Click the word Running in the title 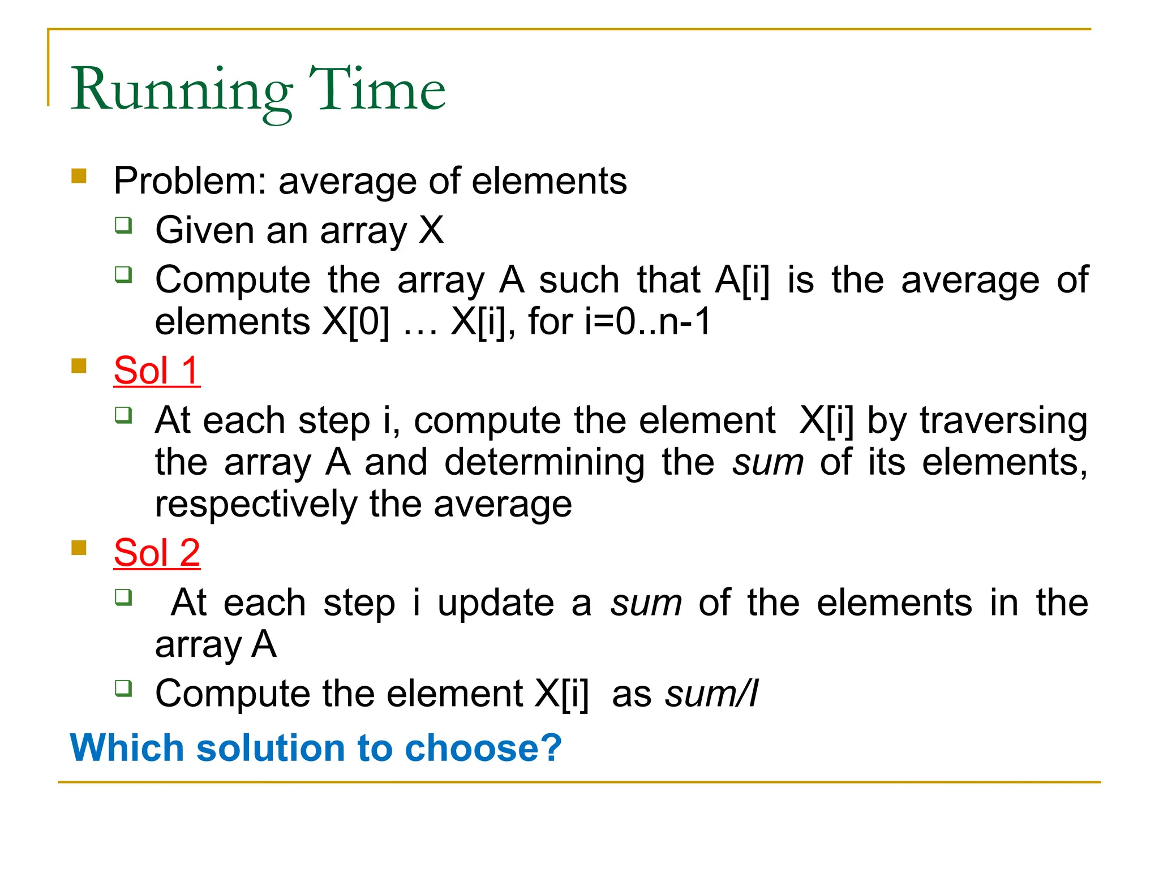(181, 91)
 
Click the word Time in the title (376, 89)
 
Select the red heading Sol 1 (157, 371)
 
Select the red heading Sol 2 (157, 552)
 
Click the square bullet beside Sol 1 (79, 366)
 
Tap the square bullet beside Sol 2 (79, 548)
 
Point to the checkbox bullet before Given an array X (123, 225)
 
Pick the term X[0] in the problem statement (355, 321)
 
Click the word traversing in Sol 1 (1003, 420)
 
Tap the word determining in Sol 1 (544, 462)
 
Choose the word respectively (256, 504)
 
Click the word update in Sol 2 (496, 603)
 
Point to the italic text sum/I (711, 694)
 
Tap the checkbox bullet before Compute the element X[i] (123, 689)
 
